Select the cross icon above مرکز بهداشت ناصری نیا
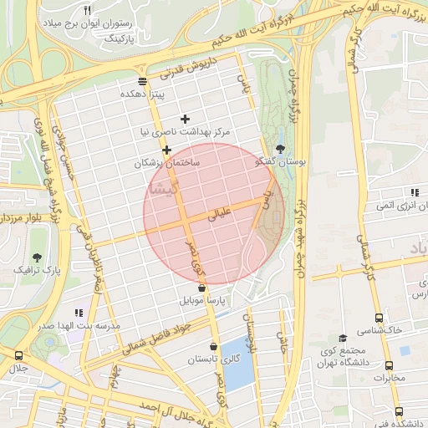coord(185,119)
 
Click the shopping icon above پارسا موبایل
coord(201,288)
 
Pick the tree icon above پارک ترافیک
coord(38,257)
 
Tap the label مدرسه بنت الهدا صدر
coord(80,324)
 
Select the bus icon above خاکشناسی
coord(379,318)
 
